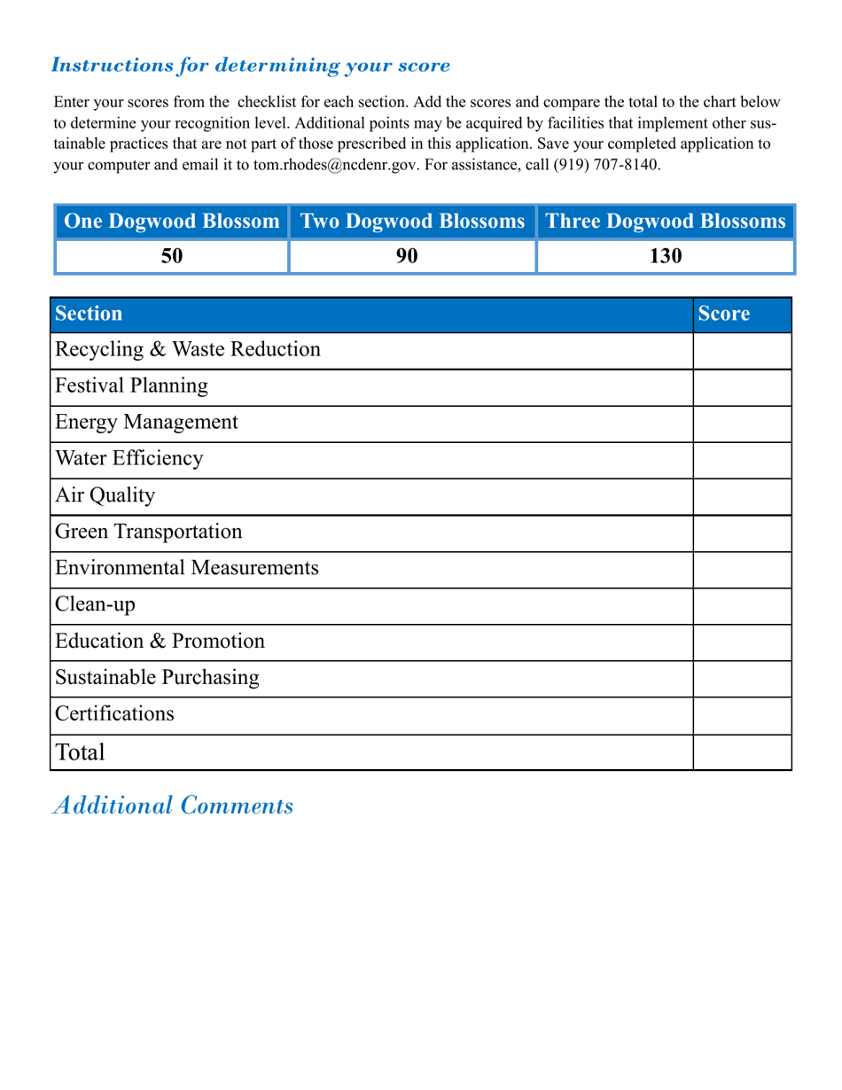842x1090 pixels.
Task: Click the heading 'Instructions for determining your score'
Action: (x=251, y=66)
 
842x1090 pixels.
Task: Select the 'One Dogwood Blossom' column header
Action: (x=173, y=222)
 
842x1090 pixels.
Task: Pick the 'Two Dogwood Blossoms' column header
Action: (x=413, y=222)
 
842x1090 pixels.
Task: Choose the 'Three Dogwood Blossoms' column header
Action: (x=666, y=222)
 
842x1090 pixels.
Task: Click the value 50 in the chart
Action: (x=172, y=256)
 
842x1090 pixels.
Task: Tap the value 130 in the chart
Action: (x=665, y=256)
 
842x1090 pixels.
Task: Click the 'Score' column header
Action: (x=724, y=314)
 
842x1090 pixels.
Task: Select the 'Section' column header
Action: (x=89, y=314)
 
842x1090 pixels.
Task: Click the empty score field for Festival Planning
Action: (x=742, y=387)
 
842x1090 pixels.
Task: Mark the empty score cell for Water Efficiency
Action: (x=742, y=460)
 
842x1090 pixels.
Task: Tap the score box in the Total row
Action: (x=742, y=752)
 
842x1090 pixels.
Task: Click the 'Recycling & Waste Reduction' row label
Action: (x=188, y=350)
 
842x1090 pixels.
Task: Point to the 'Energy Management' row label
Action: (x=146, y=423)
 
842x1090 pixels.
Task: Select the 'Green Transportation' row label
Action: (x=148, y=532)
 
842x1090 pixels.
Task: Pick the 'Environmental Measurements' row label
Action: (x=187, y=568)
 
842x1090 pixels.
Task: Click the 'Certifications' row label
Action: (x=115, y=714)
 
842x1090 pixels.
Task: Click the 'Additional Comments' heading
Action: (x=174, y=806)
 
